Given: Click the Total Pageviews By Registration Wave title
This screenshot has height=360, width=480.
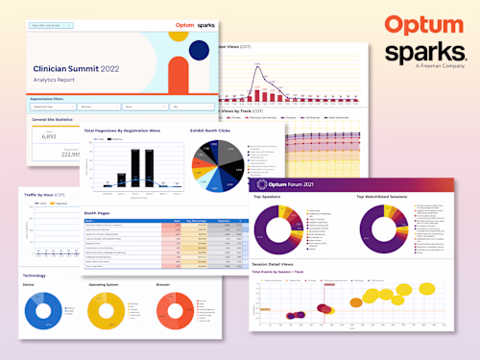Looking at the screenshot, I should (122, 130).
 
